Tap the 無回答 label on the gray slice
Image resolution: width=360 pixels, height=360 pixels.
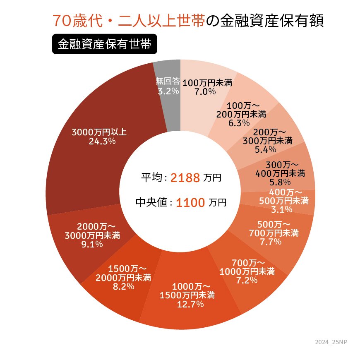click(x=168, y=81)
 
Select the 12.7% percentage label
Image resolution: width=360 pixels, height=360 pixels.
click(x=187, y=305)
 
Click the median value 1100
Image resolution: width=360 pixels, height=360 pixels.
click(x=190, y=203)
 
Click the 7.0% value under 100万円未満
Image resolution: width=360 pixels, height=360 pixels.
click(x=205, y=91)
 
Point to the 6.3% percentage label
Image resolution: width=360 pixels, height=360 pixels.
click(x=239, y=123)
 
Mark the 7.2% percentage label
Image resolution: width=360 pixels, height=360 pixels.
click(x=247, y=280)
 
